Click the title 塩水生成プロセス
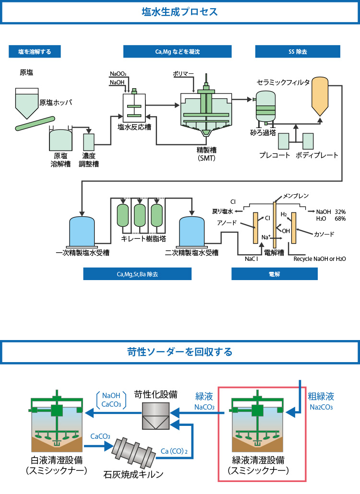tap(180, 12)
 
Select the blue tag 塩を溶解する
tap(35, 52)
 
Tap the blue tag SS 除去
tap(298, 52)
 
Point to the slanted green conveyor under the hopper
tap(35, 124)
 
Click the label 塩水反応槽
tap(134, 127)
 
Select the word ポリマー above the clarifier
tap(183, 74)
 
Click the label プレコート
tap(274, 155)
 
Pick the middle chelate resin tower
tap(140, 215)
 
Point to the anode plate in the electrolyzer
tap(256, 228)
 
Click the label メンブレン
tap(296, 196)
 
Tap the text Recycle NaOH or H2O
tap(320, 259)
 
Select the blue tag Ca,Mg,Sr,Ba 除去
tap(137, 274)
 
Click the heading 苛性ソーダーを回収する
tap(180, 352)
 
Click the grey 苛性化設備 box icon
tap(156, 416)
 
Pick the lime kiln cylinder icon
tap(133, 452)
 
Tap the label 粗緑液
tap(321, 396)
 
